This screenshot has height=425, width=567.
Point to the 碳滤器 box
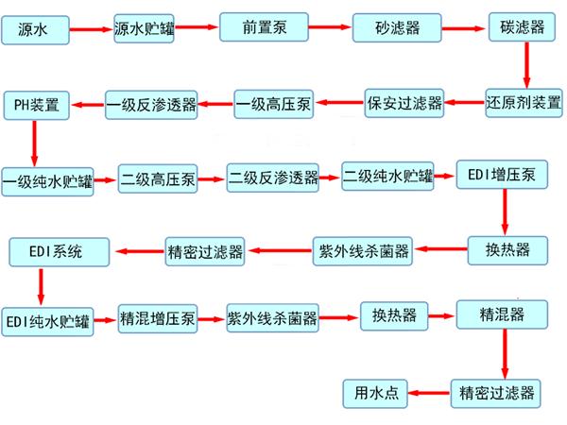point(523,26)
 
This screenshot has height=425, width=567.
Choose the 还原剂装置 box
point(523,101)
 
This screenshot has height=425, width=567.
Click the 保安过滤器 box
point(404,101)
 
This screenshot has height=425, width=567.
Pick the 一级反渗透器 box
point(151,102)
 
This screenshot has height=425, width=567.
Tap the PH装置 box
point(36,102)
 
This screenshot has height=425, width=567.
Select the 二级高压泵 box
point(158,178)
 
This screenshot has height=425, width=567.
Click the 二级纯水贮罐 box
point(387,177)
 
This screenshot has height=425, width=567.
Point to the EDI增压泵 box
point(502,175)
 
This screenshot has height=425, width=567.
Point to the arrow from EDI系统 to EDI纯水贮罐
point(41,283)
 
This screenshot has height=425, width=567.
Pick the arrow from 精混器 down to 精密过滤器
point(503,353)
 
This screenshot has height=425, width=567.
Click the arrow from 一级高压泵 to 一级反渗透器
point(215,101)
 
